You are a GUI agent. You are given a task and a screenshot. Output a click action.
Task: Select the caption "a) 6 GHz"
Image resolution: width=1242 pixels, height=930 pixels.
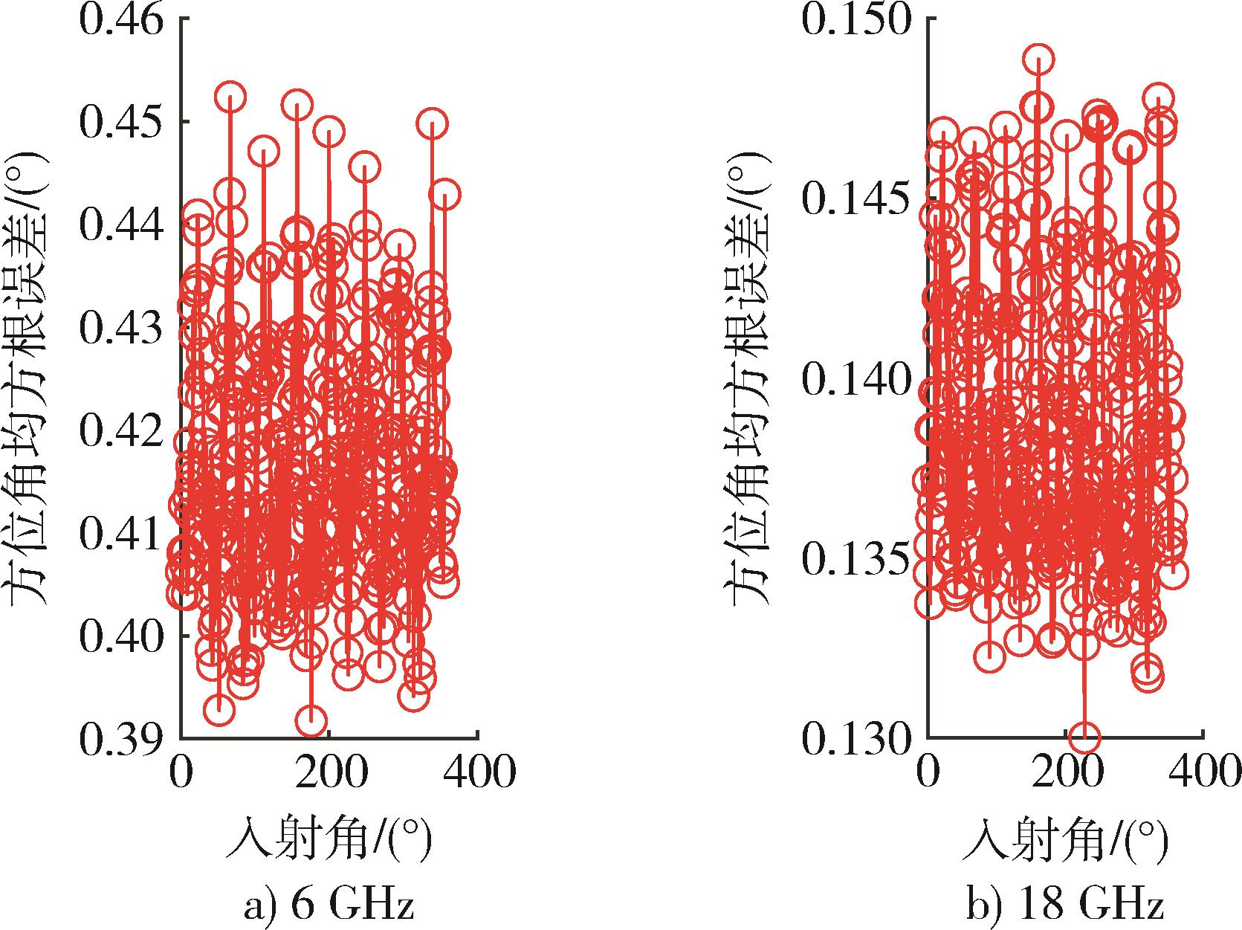click(x=328, y=907)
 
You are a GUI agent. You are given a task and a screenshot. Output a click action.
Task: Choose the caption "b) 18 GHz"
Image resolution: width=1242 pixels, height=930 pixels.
click(x=1065, y=907)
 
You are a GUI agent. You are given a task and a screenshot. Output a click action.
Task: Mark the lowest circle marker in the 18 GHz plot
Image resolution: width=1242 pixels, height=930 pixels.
click(x=1086, y=737)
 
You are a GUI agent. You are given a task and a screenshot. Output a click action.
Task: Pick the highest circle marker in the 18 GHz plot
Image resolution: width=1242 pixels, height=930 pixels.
click(x=1040, y=59)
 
